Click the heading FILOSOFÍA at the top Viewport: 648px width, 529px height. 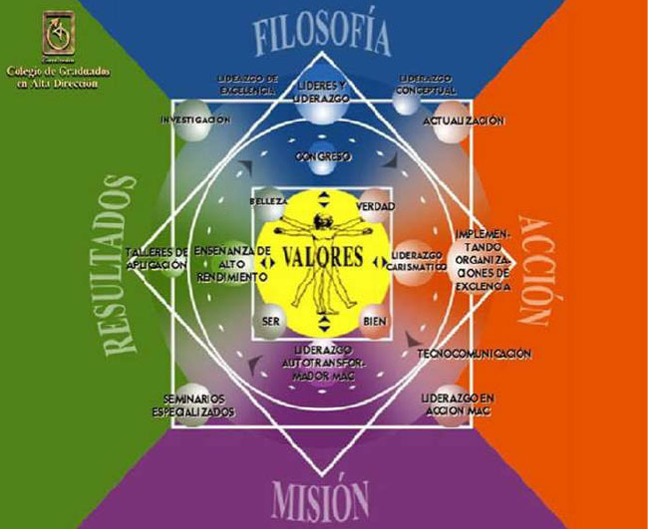tap(320, 38)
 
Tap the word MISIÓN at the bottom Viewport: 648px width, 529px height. tap(321, 495)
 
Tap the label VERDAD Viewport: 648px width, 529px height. tap(375, 206)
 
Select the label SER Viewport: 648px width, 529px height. tap(270, 321)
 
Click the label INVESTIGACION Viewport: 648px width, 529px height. tap(196, 120)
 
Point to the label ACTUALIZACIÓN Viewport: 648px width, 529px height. tap(463, 121)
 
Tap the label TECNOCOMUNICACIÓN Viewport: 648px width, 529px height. tap(474, 354)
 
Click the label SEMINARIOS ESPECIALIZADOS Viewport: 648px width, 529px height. tap(195, 404)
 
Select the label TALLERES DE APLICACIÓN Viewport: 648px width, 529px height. tap(158, 258)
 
